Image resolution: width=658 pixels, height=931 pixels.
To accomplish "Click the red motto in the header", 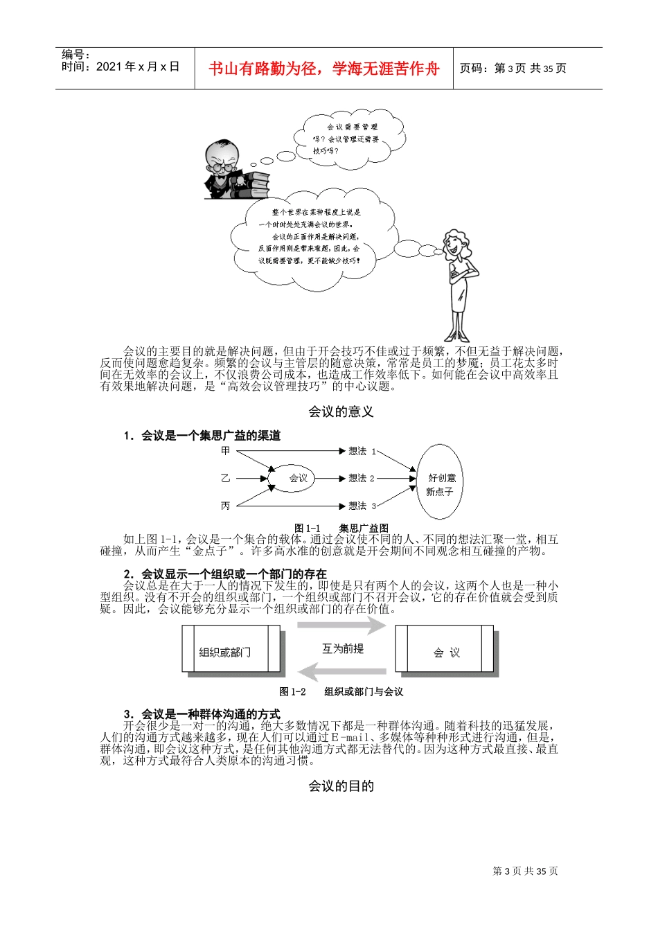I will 324,69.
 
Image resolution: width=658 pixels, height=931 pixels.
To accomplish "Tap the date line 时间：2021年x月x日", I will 121,67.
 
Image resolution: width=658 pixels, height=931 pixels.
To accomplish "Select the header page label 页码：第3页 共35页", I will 513,69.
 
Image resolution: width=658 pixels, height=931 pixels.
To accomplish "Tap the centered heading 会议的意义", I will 341,411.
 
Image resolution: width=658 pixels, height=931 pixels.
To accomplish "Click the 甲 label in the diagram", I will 225,451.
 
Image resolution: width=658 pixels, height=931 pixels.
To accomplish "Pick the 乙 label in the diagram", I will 225,478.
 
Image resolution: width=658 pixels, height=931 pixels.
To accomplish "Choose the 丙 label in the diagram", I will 225,506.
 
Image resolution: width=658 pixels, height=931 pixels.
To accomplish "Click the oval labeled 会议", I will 299,478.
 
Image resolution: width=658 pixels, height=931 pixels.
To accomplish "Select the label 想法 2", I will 361,478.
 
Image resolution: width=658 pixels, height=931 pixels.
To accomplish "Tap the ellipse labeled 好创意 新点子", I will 441,484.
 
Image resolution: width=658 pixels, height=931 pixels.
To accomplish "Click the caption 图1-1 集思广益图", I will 341,528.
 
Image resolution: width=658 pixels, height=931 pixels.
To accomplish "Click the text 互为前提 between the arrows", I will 343,648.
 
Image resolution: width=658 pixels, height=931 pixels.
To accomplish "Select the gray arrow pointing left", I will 341,672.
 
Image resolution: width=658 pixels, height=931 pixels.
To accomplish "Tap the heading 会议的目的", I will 341,786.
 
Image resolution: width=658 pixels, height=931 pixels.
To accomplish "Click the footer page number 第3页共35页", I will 525,871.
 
